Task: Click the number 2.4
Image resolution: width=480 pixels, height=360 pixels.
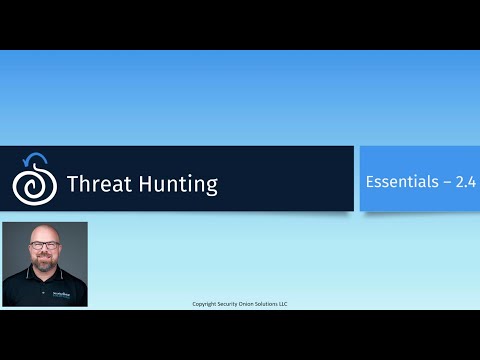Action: [464, 182]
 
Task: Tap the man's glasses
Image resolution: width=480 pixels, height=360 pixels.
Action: [44, 246]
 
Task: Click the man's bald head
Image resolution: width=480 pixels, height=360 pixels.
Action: [44, 233]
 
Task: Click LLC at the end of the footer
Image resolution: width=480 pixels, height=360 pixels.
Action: [285, 303]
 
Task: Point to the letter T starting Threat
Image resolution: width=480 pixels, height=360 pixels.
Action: [73, 184]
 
